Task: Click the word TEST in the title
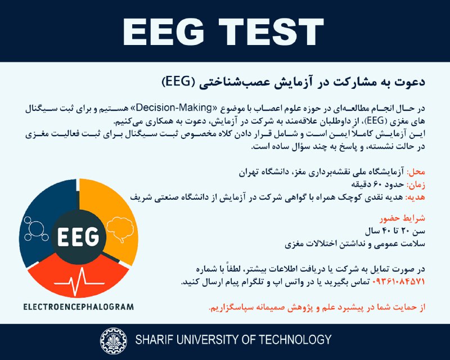(x=272, y=31)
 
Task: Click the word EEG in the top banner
(x=163, y=31)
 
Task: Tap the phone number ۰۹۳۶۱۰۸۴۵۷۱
(x=398, y=282)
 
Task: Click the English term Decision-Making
(x=174, y=107)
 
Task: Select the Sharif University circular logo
(x=113, y=341)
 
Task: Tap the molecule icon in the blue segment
(x=35, y=229)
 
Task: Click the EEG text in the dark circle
(x=78, y=237)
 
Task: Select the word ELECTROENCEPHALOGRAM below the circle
(x=79, y=307)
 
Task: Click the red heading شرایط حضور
(x=402, y=218)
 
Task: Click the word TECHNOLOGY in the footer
(x=295, y=340)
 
